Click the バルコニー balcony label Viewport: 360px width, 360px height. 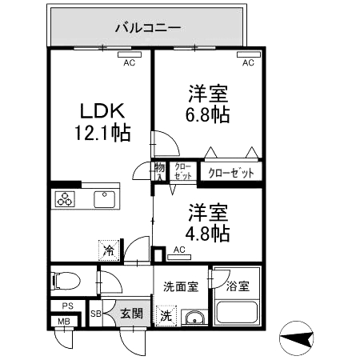click(x=148, y=27)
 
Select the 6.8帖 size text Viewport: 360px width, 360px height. click(x=209, y=114)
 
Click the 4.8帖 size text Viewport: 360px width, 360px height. click(x=209, y=234)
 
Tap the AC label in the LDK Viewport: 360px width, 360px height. click(x=129, y=62)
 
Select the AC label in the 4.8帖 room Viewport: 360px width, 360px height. click(x=179, y=250)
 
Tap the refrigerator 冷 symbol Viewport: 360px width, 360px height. click(x=108, y=251)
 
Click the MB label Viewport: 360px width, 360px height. click(x=62, y=323)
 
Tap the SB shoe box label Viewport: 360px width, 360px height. click(x=95, y=314)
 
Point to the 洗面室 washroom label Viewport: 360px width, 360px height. click(x=181, y=286)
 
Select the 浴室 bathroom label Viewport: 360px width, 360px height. click(x=238, y=286)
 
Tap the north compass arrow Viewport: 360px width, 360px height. click(x=298, y=338)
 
